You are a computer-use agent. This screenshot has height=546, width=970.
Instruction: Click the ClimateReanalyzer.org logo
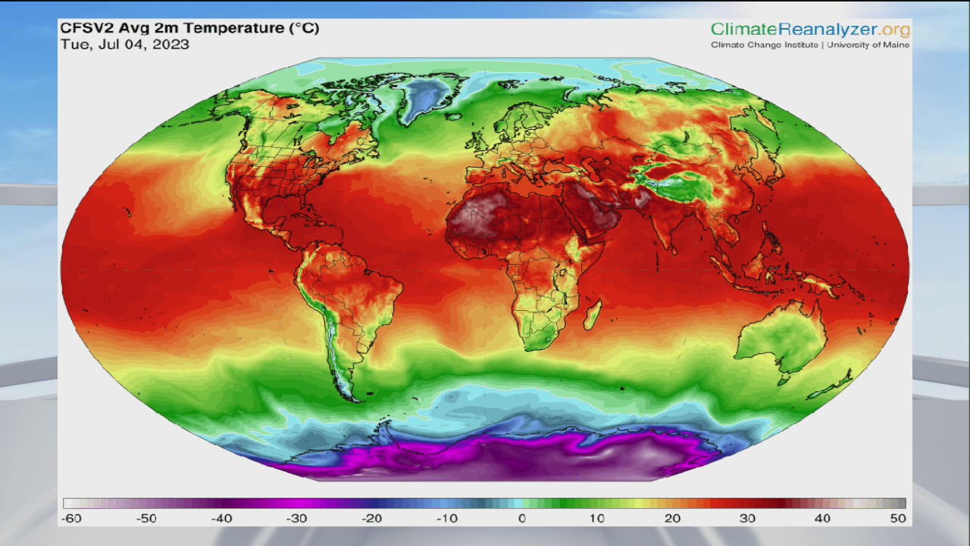click(x=810, y=30)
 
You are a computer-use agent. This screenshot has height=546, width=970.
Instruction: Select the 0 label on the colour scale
click(x=521, y=519)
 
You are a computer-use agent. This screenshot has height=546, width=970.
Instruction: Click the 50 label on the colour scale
click(x=899, y=519)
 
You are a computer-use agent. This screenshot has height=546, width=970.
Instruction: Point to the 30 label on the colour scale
click(x=748, y=519)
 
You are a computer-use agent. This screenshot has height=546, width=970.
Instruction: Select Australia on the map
click(x=785, y=337)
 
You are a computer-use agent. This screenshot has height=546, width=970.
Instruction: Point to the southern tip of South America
click(x=349, y=394)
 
